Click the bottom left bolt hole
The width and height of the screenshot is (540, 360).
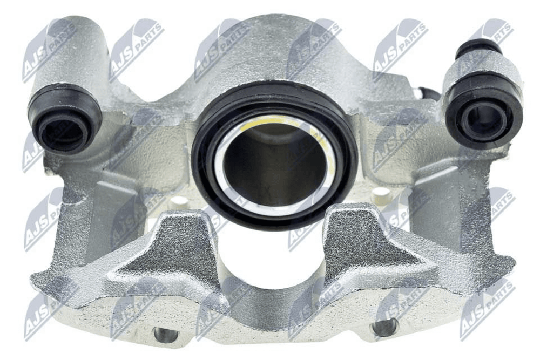coord(166,334)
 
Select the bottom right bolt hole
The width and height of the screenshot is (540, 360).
coord(384,327)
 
